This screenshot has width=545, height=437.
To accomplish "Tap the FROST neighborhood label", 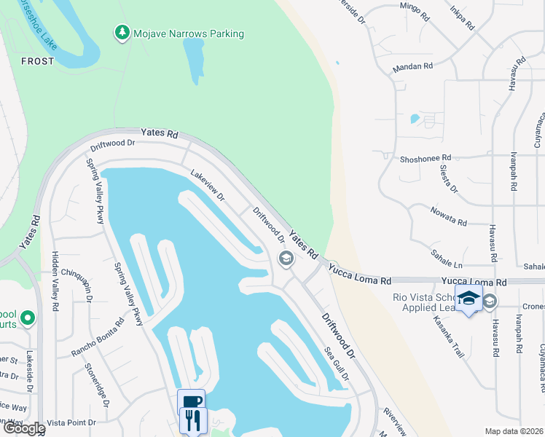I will [x=38, y=61].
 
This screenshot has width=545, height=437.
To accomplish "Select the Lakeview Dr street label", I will [x=208, y=186].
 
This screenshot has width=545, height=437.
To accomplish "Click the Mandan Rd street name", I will [x=412, y=66].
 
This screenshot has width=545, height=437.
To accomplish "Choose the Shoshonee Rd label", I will [x=426, y=157].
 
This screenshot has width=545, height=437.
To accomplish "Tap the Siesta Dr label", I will [x=448, y=178].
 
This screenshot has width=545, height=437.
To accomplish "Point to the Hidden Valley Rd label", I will [x=55, y=282].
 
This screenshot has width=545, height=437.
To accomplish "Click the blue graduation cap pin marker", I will [x=468, y=299].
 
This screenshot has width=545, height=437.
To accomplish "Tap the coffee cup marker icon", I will [x=191, y=401].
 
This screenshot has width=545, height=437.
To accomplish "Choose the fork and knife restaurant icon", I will [x=194, y=420].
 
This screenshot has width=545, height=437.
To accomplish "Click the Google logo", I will [x=23, y=428].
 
